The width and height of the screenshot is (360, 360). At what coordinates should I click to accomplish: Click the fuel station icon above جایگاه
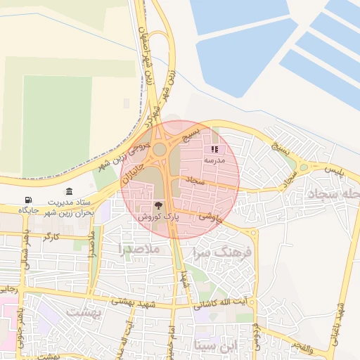pyautogui.click(x=27, y=200)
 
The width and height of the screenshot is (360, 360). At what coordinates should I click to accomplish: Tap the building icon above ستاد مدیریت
pyautogui.click(x=69, y=192)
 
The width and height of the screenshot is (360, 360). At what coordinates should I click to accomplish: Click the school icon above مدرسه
pyautogui.click(x=214, y=149)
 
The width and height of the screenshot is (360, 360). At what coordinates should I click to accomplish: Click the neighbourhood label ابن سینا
pyautogui.click(x=215, y=345)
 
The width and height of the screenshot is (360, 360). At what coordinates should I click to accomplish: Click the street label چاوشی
pyautogui.click(x=211, y=218)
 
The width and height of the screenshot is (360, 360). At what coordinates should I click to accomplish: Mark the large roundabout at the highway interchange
pyautogui.click(x=161, y=149)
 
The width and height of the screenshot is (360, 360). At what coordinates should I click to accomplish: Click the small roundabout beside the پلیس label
pyautogui.click(x=303, y=167)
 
